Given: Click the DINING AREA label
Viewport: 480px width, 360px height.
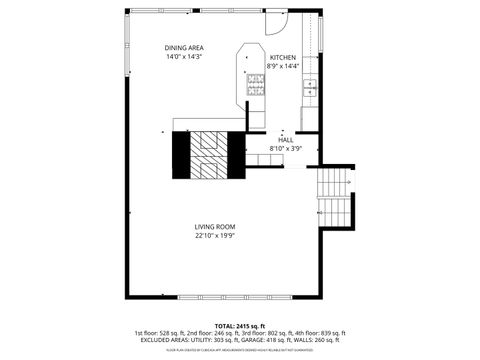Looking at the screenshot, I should pyautogui.click(x=184, y=48).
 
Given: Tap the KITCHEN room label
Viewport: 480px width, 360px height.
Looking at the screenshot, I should pyautogui.click(x=283, y=58).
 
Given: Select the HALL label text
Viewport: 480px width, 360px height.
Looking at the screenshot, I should pyautogui.click(x=285, y=139).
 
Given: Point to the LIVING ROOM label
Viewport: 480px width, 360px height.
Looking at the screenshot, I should pyautogui.click(x=215, y=227).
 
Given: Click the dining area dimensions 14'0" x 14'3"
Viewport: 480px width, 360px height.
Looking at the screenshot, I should pyautogui.click(x=184, y=57).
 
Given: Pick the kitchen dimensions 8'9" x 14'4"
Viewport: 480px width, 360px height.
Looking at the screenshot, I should pyautogui.click(x=283, y=67).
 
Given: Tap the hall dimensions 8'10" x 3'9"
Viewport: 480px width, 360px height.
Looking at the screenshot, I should pyautogui.click(x=285, y=148).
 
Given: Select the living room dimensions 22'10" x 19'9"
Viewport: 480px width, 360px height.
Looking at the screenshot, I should pyautogui.click(x=215, y=236).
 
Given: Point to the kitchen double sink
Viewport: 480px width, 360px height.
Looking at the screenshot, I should pyautogui.click(x=309, y=88).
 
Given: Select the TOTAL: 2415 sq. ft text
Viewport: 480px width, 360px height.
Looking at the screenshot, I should pyautogui.click(x=240, y=326).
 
